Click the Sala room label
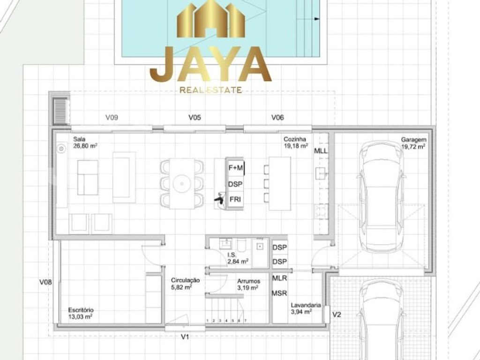click(x=85, y=142)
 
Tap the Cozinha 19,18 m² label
click(x=296, y=142)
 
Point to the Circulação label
click(x=185, y=284)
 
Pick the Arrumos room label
click(x=248, y=285)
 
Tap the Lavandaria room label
click(x=306, y=308)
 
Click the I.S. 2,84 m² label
click(x=238, y=258)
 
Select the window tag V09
click(x=112, y=117)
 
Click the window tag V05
click(x=195, y=117)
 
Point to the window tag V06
click(x=277, y=117)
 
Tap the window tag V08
click(x=45, y=282)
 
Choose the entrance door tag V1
click(x=185, y=337)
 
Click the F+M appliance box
click(x=235, y=167)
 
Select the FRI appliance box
click(x=235, y=200)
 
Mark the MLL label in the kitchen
click(x=321, y=151)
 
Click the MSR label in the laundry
click(x=279, y=293)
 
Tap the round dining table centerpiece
click(x=182, y=184)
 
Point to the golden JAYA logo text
click(x=210, y=65)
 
